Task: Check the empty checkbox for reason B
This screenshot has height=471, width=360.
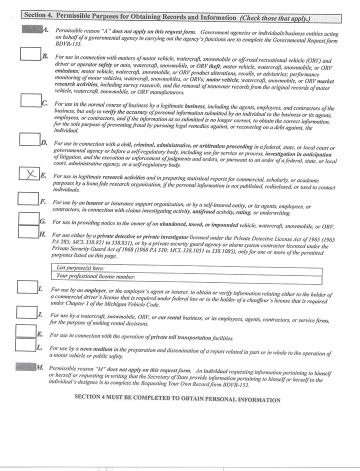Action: coord(30,54)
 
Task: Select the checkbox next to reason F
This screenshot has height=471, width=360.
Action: coord(27,198)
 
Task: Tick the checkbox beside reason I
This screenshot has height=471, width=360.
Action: coord(26,287)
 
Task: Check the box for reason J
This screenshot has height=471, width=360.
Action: coord(25,312)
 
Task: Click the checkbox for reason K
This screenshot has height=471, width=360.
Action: coord(25,331)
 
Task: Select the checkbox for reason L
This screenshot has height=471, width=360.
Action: coord(25,344)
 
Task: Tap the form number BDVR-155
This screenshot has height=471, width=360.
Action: coord(69,43)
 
